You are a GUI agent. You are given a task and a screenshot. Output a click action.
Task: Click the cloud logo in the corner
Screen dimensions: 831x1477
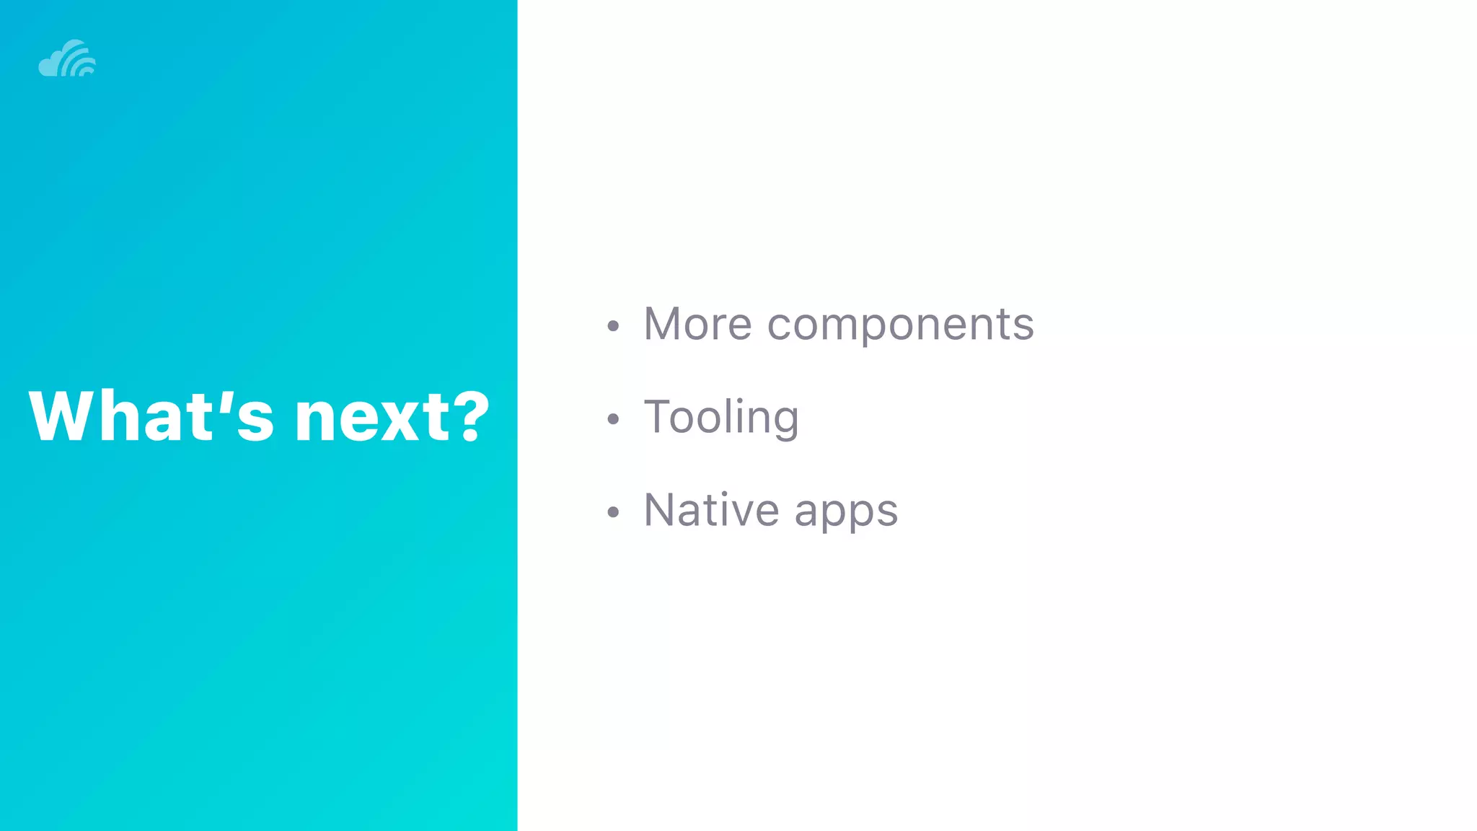(x=66, y=59)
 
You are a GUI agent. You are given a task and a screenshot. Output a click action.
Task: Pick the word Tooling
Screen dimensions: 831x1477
(x=721, y=418)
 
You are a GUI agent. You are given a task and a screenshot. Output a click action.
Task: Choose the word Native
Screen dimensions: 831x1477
(x=711, y=510)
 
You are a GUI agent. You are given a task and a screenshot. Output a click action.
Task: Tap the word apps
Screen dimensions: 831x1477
(x=846, y=513)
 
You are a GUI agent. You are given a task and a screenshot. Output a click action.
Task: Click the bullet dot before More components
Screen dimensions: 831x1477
(x=613, y=326)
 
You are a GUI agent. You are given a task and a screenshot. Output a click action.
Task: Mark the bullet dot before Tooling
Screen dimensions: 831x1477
(x=613, y=419)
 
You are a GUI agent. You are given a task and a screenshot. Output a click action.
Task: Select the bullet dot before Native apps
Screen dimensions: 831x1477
(x=613, y=512)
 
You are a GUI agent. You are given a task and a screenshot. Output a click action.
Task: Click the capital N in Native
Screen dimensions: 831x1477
(x=661, y=509)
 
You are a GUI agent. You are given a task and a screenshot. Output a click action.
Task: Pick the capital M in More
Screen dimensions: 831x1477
(x=666, y=324)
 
